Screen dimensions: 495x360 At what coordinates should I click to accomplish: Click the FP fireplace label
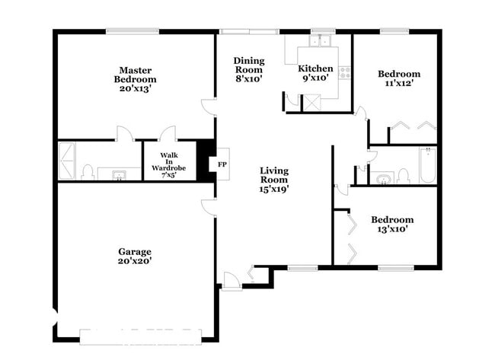(222, 164)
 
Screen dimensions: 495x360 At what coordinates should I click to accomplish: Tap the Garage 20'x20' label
(135, 256)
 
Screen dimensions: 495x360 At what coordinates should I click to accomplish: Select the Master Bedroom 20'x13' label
(135, 79)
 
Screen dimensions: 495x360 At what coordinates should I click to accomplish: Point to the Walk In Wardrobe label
(168, 165)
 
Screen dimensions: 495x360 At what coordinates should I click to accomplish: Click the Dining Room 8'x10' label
(249, 70)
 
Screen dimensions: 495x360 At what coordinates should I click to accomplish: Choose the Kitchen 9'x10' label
(315, 73)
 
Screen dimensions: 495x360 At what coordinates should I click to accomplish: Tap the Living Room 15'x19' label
(274, 180)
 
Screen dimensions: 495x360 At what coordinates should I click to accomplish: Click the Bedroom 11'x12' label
(399, 78)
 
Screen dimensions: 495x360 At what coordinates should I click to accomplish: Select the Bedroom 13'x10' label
(392, 225)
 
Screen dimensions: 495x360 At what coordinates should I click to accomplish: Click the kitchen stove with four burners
(344, 72)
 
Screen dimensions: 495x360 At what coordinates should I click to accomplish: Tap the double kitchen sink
(320, 41)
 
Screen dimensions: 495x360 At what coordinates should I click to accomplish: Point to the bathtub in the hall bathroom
(428, 164)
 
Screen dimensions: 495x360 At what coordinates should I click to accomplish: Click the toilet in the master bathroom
(88, 173)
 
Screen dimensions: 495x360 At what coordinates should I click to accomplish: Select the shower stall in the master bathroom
(67, 161)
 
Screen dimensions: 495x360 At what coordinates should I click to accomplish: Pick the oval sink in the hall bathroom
(384, 179)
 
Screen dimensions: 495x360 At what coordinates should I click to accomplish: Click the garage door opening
(140, 337)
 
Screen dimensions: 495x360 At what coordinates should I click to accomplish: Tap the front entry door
(232, 281)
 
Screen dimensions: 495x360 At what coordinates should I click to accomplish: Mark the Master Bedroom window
(133, 31)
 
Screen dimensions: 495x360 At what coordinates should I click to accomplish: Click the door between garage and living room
(209, 207)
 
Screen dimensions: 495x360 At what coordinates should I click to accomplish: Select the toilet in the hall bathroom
(403, 177)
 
